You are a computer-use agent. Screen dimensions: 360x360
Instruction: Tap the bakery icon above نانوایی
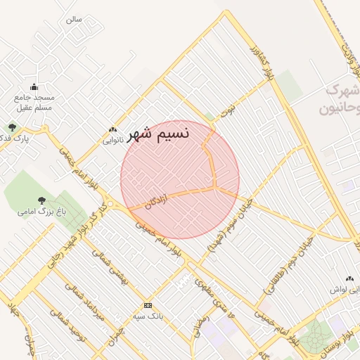coord(112,129)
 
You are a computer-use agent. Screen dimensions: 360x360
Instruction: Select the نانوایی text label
coord(112,140)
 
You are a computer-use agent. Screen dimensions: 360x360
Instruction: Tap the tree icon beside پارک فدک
coord(12,127)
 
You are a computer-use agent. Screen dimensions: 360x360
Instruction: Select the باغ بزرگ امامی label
coord(41,211)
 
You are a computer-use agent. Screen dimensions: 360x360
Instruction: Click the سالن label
coord(74,19)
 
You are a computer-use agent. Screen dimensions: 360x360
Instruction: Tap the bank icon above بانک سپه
coord(148,305)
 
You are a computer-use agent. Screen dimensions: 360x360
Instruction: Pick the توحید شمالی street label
coord(67,324)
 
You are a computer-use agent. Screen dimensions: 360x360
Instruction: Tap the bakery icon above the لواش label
coord(349,279)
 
